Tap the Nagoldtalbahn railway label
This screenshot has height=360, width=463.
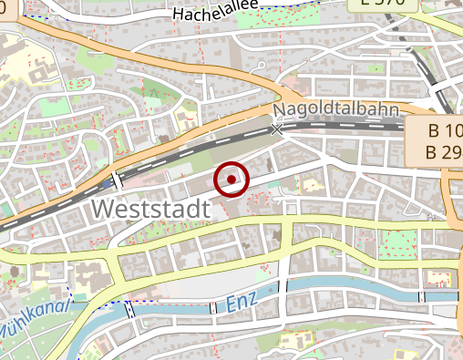[x=336, y=110]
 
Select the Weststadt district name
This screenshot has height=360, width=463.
[x=151, y=209]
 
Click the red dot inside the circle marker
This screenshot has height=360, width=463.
[x=231, y=180]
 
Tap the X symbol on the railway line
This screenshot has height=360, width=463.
[x=277, y=129]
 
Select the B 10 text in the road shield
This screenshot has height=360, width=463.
[x=440, y=129]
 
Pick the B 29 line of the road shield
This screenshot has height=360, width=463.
[x=440, y=150]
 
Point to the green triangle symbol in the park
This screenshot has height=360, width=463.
[x=154, y=91]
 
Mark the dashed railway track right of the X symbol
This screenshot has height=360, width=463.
[x=365, y=127]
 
